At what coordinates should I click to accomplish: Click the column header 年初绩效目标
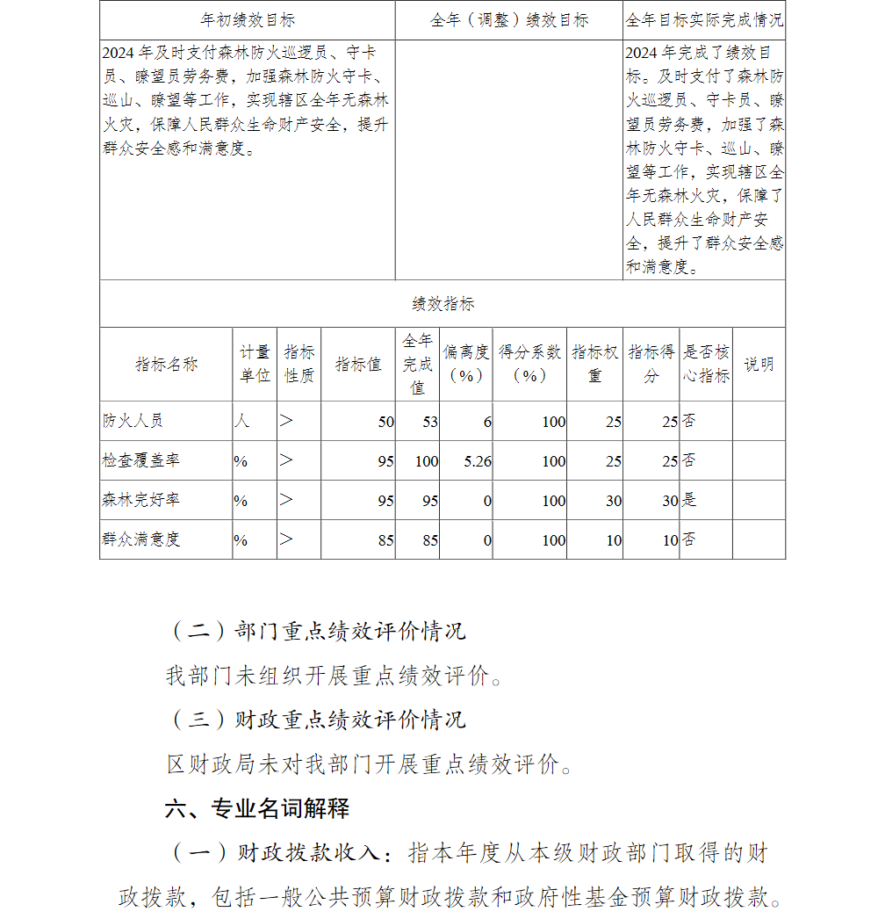248,20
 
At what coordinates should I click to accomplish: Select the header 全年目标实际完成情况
704,20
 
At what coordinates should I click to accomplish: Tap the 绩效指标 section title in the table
443,304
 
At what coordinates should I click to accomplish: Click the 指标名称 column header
166,365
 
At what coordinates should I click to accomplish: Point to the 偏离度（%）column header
466,364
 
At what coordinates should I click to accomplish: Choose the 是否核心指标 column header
706,364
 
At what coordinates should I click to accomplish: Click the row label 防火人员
133,421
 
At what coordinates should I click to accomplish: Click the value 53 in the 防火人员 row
429,422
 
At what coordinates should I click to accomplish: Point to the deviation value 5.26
477,461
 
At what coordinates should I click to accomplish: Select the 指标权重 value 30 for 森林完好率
613,501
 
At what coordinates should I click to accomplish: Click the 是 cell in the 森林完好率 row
689,500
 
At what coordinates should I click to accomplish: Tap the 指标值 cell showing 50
385,422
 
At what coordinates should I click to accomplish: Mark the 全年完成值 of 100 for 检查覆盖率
426,461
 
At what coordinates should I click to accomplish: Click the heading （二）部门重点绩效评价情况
317,631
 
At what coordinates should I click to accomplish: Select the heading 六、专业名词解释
257,808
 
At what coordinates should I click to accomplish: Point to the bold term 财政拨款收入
310,852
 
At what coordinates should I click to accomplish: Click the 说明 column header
759,364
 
